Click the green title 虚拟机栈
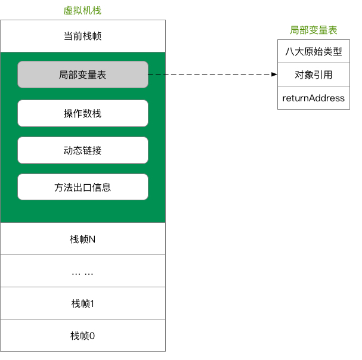coord(83,11)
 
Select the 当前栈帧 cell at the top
coord(83,36)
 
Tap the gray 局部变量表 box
coord(83,75)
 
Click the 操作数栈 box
coord(83,113)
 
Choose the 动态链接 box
coord(83,150)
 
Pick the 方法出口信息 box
coord(83,187)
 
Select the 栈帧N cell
coord(83,239)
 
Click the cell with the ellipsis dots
coord(83,272)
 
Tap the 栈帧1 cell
coord(83,303)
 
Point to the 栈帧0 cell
coord(83,336)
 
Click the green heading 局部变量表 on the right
coord(313,29)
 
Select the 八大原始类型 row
coord(313,51)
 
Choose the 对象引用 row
coord(313,75)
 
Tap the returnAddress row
coord(313,98)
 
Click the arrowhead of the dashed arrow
coord(275,75)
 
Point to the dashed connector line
coord(209,75)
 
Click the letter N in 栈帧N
coord(92,239)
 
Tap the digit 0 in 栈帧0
coord(92,336)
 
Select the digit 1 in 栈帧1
coord(92,303)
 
